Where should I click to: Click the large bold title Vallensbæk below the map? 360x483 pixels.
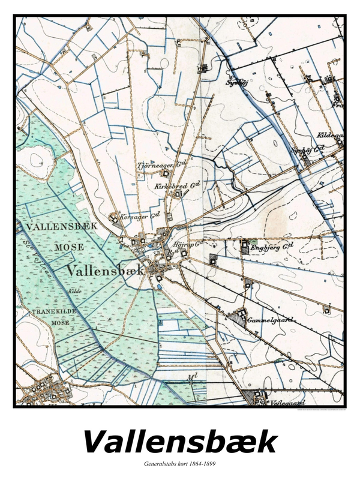(x=180, y=442)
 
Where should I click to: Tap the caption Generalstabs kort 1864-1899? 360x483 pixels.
(x=180, y=464)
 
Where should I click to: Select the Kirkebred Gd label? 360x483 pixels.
(x=178, y=186)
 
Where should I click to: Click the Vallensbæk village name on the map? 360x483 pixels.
(x=106, y=270)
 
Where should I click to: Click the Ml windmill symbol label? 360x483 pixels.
(x=192, y=377)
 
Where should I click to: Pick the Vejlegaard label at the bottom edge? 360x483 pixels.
(x=287, y=403)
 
